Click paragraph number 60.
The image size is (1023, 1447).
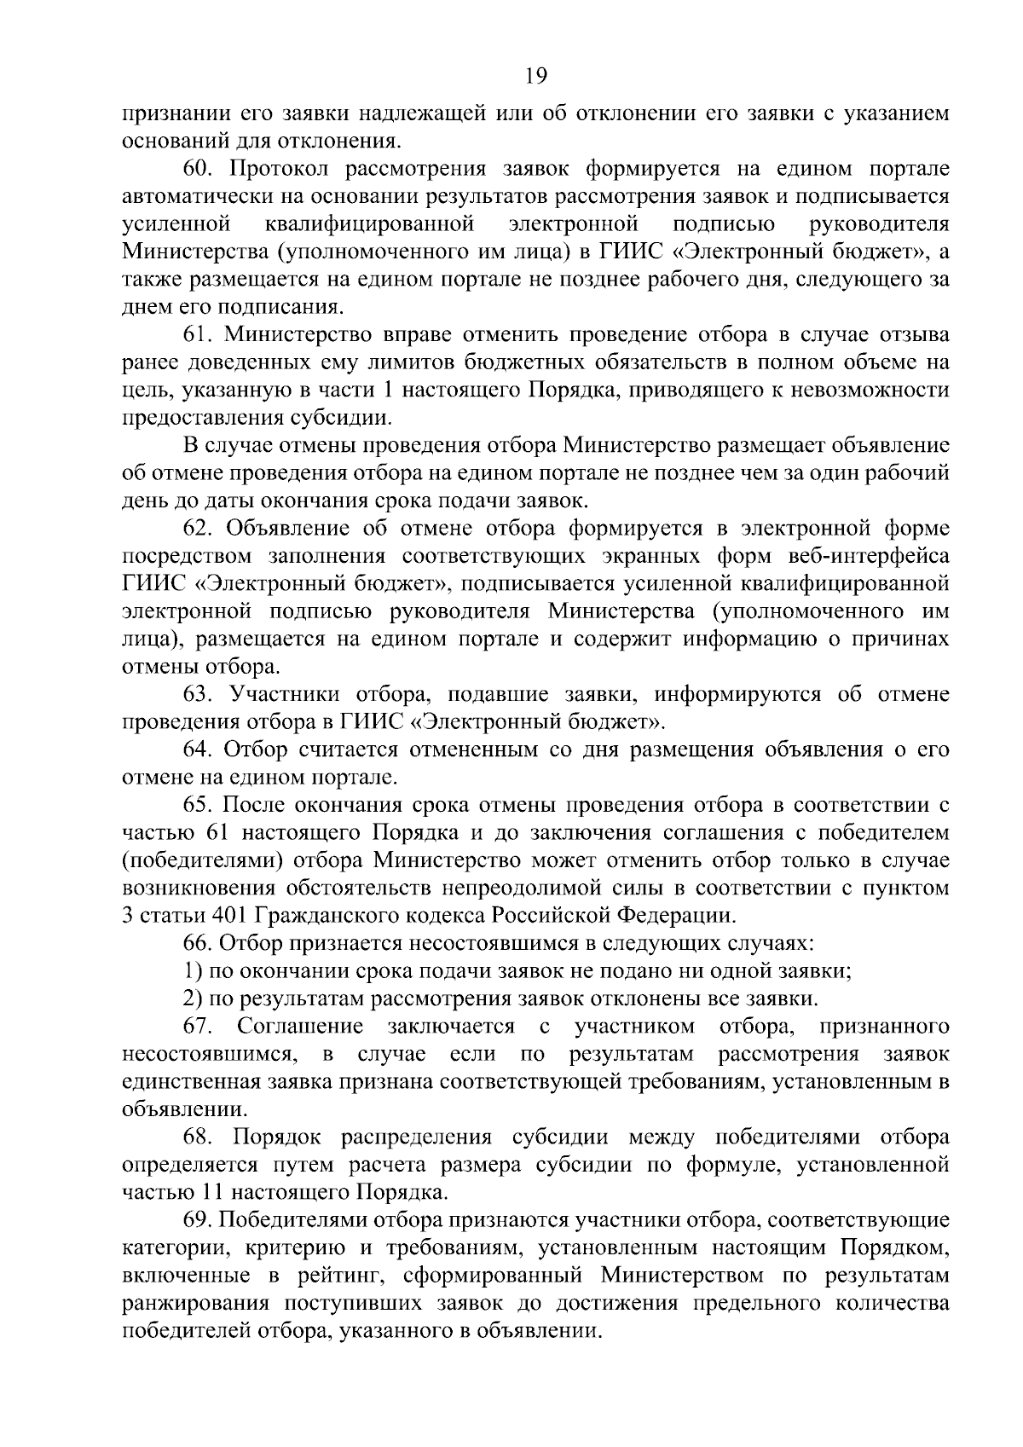197,169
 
